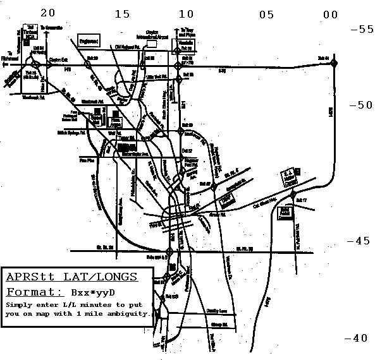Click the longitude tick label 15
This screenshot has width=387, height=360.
pyautogui.click(x=122, y=14)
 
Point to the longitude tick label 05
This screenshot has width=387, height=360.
pyautogui.click(x=266, y=14)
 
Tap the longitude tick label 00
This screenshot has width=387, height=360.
pyautogui.click(x=330, y=14)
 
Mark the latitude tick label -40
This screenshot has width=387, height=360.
pyautogui.click(x=356, y=338)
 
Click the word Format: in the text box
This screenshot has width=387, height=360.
pyautogui.click(x=34, y=292)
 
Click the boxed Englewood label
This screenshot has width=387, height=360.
pyautogui.click(x=89, y=41)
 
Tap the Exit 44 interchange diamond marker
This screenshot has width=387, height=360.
pyautogui.click(x=335, y=61)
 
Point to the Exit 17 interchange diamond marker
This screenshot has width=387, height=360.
pyautogui.click(x=294, y=200)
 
